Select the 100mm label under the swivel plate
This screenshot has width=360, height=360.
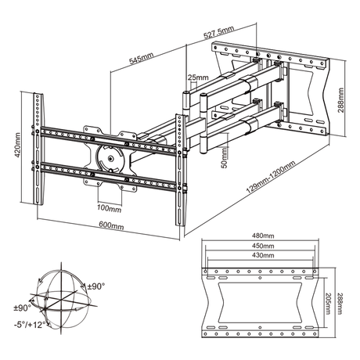(109, 208)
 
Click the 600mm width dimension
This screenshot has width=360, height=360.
(112, 225)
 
